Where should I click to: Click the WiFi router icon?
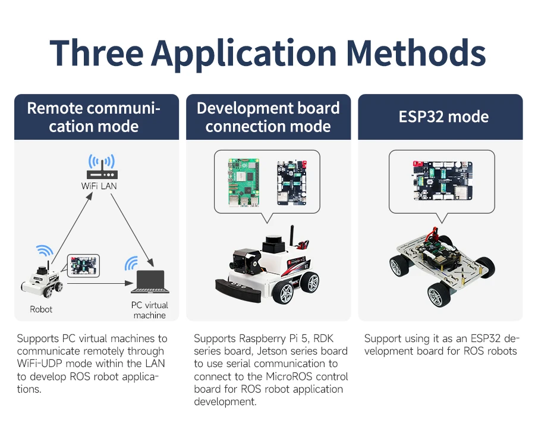[x=102, y=167]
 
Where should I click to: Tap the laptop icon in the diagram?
[x=150, y=282]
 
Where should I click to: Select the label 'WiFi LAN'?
[x=99, y=186]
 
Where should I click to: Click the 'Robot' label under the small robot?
[x=41, y=309]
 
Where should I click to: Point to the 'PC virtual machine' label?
[x=149, y=310]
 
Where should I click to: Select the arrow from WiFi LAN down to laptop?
[x=133, y=230]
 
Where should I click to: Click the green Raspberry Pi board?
[x=244, y=183]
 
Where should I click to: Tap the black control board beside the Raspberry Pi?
[x=292, y=183]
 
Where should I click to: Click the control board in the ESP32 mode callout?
[x=443, y=181]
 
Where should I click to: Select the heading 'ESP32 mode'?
[x=443, y=117]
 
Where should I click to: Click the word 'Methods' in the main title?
[x=416, y=53]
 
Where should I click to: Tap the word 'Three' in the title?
[x=96, y=53]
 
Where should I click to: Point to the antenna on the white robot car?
[x=292, y=236]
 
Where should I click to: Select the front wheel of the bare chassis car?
[x=439, y=294]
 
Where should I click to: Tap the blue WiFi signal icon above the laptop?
[x=131, y=263]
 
